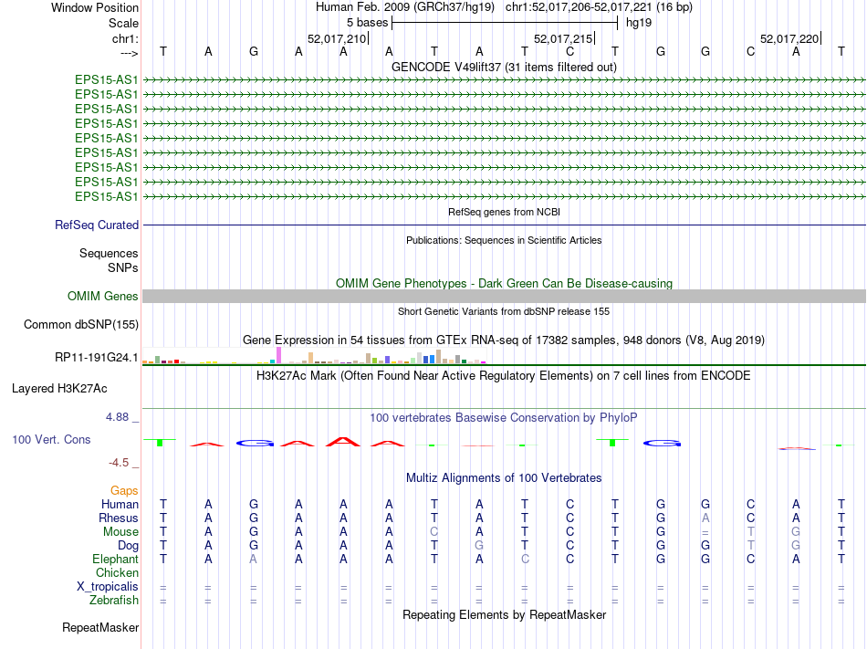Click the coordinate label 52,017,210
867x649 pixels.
click(x=337, y=38)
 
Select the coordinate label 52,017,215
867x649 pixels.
click(x=562, y=38)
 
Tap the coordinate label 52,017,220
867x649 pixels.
click(x=789, y=38)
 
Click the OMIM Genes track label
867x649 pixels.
click(x=103, y=296)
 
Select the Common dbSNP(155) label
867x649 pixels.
click(x=81, y=324)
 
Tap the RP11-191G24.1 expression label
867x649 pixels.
click(x=98, y=357)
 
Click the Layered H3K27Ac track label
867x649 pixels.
click(x=59, y=388)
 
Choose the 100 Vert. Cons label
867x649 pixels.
click(x=51, y=439)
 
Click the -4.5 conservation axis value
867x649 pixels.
click(x=124, y=463)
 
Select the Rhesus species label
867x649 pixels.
click(x=119, y=518)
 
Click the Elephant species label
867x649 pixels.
click(x=116, y=559)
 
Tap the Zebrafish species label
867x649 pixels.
click(x=114, y=600)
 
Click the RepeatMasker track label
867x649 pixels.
click(x=100, y=627)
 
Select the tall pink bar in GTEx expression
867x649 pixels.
click(x=278, y=354)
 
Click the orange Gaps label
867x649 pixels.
click(x=124, y=490)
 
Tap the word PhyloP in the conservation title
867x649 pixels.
click(x=619, y=417)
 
